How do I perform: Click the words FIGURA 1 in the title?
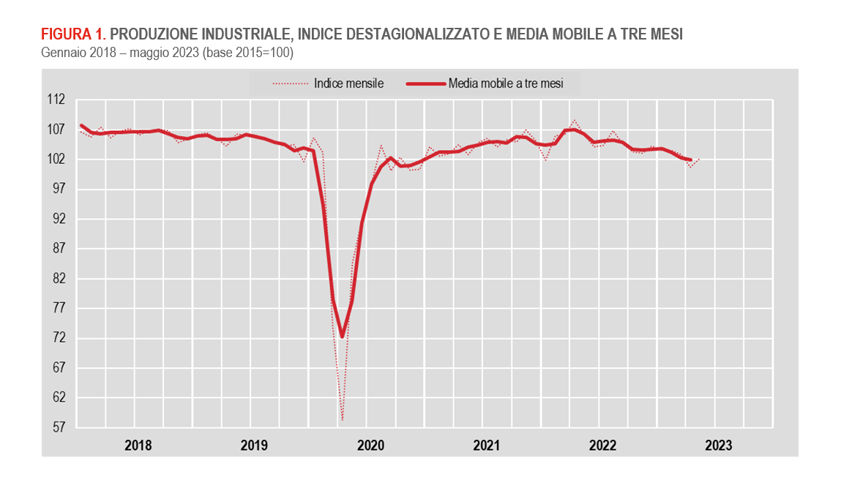click(73, 34)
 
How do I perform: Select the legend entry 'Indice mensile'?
click(348, 83)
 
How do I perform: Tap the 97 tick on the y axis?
click(59, 189)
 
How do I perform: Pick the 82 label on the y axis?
click(59, 278)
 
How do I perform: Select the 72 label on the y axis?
click(59, 338)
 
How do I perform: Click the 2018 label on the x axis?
click(138, 445)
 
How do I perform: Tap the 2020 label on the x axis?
click(370, 445)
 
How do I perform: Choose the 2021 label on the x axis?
click(486, 445)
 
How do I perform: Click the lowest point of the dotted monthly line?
click(342, 421)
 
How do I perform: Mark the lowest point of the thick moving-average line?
click(342, 337)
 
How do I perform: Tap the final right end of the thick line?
click(690, 160)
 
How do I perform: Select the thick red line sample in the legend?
click(425, 83)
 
